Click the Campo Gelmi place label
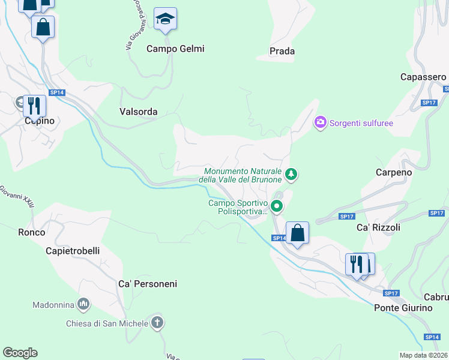click(175, 49)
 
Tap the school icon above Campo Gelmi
click(164, 19)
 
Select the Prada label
click(282, 51)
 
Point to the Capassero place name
click(423, 77)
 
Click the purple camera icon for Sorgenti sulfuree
click(321, 122)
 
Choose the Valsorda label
click(138, 112)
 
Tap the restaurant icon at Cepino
click(34, 106)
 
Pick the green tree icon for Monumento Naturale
click(291, 175)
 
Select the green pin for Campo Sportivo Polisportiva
click(277, 207)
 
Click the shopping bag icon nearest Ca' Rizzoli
click(297, 232)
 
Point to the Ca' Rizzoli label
click(378, 227)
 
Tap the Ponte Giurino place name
click(403, 307)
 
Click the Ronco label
click(32, 232)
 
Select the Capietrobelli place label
click(73, 251)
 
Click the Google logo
click(20, 353)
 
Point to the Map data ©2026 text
click(423, 355)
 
